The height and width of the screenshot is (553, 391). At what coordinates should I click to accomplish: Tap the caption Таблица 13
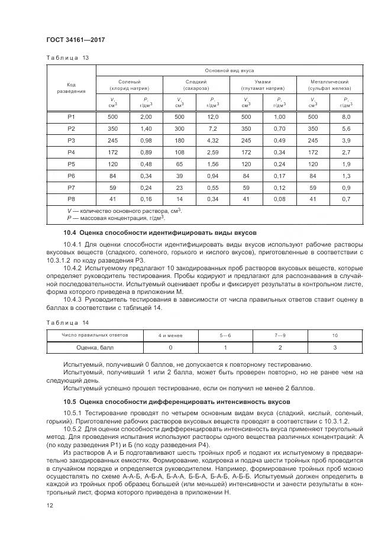[67, 58]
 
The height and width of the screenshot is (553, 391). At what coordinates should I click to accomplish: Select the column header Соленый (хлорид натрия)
[129, 85]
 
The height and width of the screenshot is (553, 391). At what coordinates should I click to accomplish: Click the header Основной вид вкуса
[229, 70]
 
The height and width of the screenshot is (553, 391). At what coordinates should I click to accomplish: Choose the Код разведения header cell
[71, 88]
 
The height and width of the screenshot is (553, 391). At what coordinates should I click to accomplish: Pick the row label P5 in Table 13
[71, 163]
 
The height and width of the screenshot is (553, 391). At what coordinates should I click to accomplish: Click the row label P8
[71, 198]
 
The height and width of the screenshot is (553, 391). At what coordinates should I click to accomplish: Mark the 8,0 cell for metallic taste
[347, 117]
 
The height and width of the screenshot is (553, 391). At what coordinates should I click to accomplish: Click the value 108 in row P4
[179, 152]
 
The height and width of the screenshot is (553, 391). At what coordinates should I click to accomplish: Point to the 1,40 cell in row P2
[146, 128]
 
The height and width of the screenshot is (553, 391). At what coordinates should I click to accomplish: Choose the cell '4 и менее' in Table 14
[170, 335]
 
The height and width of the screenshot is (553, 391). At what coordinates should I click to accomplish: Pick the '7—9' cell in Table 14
[280, 335]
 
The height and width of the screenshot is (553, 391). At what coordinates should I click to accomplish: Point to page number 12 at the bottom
[49, 505]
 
